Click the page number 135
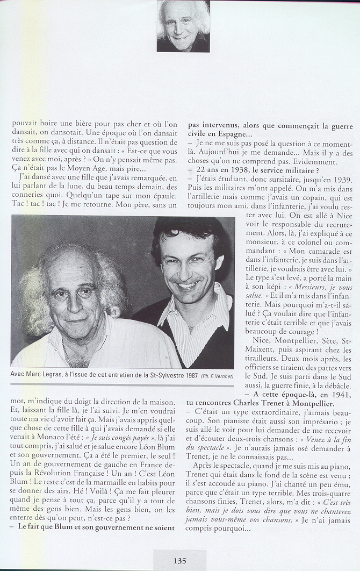tap(179, 560)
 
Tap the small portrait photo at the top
tap(183, 26)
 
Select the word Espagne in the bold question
tap(226, 134)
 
